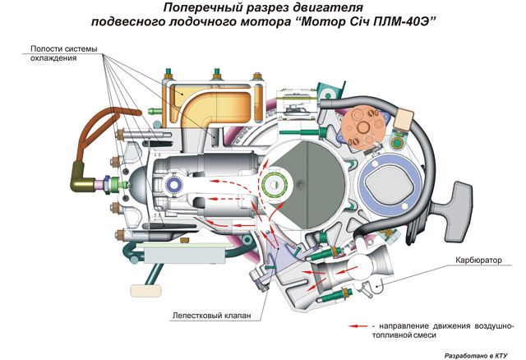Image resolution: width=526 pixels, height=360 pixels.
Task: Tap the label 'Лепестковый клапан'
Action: [x=216, y=314]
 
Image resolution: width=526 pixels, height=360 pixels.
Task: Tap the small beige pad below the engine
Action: [x=143, y=289]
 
